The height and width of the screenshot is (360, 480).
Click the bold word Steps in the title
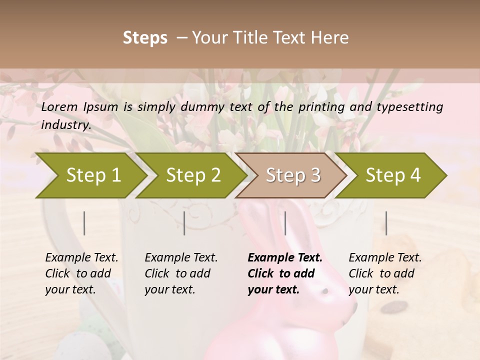pos(145,38)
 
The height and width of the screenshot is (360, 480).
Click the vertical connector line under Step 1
pos(84,223)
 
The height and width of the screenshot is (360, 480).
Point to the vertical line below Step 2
pos(184,223)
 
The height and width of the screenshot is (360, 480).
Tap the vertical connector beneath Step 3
pos(285,223)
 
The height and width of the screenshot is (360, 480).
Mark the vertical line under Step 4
pos(386,223)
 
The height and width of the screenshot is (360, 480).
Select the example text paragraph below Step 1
pos(81,273)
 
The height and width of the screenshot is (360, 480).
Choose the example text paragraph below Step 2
pos(181,273)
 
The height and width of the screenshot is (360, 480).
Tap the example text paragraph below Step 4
pos(385,273)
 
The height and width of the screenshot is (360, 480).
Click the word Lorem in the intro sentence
pos(59,106)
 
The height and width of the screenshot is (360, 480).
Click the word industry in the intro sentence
pos(65,125)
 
